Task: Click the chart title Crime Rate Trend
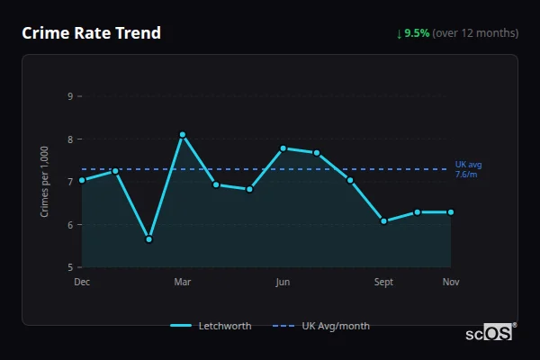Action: [x=91, y=33]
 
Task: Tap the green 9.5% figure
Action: [x=417, y=33]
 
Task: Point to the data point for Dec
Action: [x=82, y=180]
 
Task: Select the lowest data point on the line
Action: [x=148, y=239]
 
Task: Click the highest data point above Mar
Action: [x=183, y=135]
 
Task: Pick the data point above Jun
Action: [x=283, y=148]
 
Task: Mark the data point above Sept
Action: [x=383, y=220]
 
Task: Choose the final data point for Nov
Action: [x=450, y=212]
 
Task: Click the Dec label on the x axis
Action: [x=82, y=282]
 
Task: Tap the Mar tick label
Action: [x=183, y=282]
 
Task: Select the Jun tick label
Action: [x=283, y=282]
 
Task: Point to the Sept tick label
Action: [x=383, y=282]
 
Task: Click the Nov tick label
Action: [x=451, y=282]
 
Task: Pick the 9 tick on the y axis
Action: [x=69, y=96]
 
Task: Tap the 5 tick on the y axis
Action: [x=69, y=267]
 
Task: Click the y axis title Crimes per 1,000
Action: [x=45, y=181]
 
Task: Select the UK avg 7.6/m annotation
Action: [x=468, y=169]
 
